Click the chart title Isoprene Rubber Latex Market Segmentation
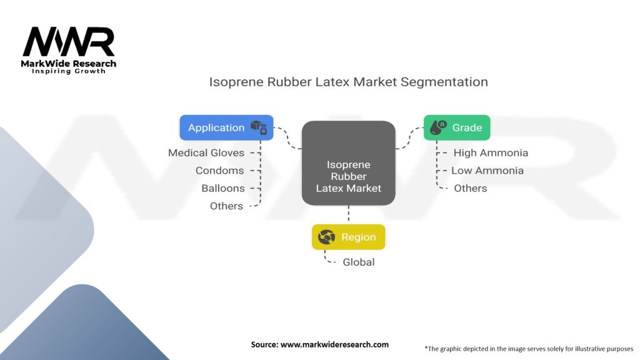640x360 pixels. pos(348,82)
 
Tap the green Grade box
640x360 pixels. pos(457,127)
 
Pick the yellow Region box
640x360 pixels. pos(348,237)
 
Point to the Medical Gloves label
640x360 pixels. pos(206,152)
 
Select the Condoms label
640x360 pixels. pos(219,171)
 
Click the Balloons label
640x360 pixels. pos(222,188)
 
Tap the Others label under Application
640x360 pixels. pos(226,206)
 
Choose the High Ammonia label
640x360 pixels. pos(491,152)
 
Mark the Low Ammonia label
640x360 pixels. pos(487,171)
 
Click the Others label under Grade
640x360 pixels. pos(470,188)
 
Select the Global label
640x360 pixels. pos(359,262)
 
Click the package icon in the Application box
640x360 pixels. pos(259,127)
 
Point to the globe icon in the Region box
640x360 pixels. pos(327,237)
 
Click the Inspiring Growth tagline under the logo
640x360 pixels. pos(69,71)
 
